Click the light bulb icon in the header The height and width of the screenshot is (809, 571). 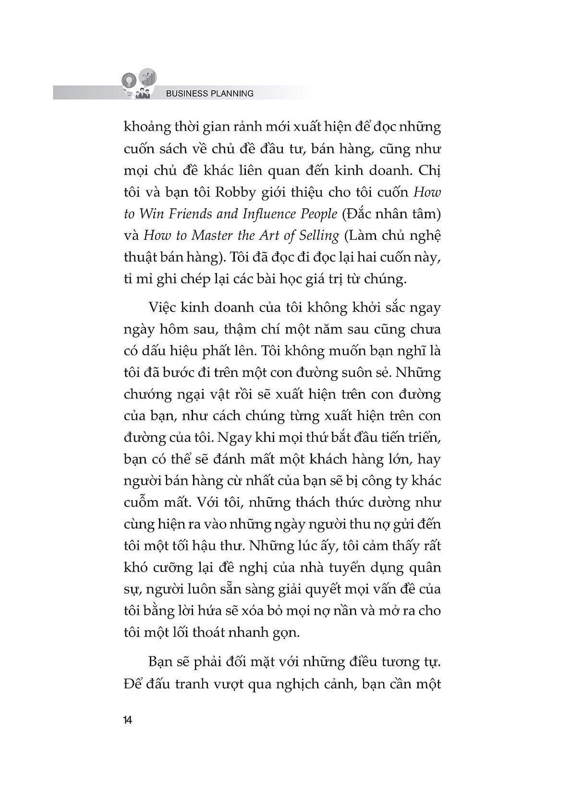pos(129,79)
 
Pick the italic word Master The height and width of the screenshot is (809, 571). pos(210,236)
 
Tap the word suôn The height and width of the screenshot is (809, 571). pos(373,373)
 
